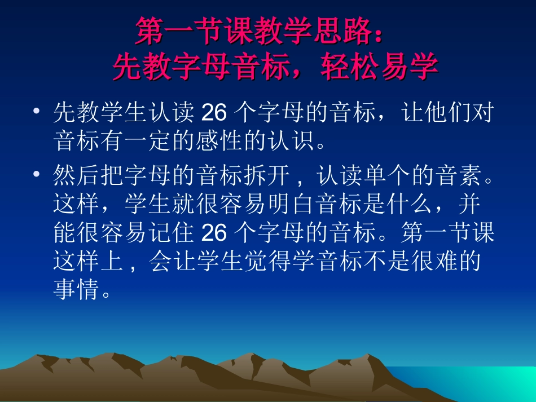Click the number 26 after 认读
(214, 114)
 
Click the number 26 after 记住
(214, 233)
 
